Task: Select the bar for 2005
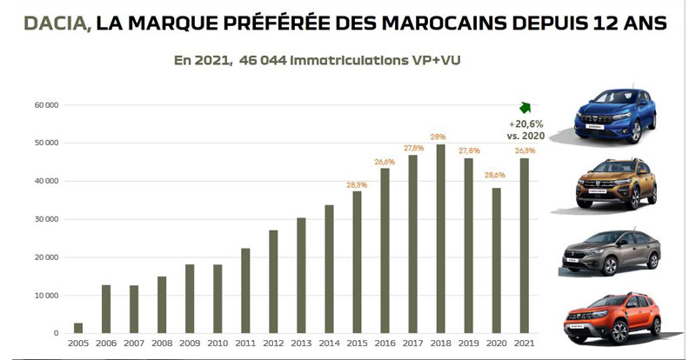click(x=78, y=328)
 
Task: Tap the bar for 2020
click(x=498, y=261)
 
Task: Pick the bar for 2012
click(x=273, y=282)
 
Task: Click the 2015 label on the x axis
click(x=357, y=343)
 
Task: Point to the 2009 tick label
click(x=190, y=343)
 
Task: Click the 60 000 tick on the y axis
click(x=46, y=105)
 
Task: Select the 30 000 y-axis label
click(x=46, y=219)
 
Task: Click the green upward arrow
click(x=525, y=107)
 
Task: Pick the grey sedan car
click(x=614, y=253)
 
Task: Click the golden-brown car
click(x=614, y=183)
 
